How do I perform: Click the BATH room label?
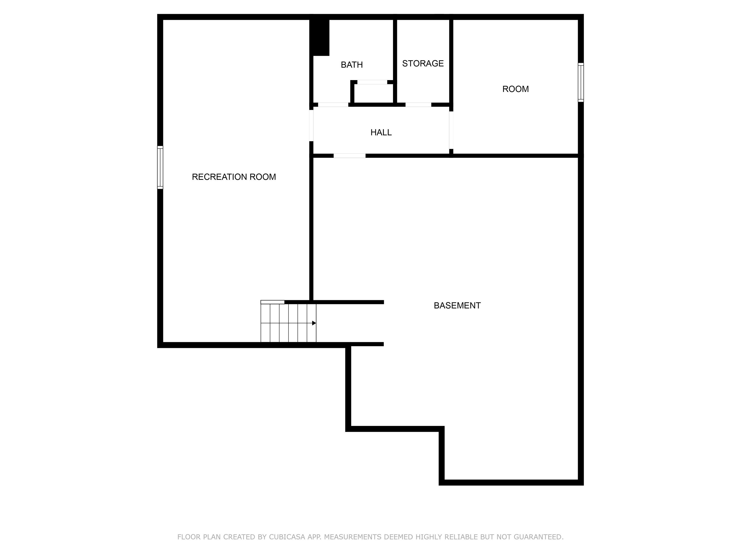351,65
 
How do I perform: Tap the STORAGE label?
423,63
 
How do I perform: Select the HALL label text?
381,132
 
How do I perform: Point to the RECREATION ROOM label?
234,177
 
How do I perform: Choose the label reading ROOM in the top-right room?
515,89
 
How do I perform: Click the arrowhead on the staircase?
314,323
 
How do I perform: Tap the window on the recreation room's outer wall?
160,167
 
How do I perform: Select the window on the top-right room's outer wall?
581,82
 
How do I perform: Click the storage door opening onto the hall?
418,104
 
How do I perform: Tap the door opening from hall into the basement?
350,155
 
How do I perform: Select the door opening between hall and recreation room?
311,126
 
